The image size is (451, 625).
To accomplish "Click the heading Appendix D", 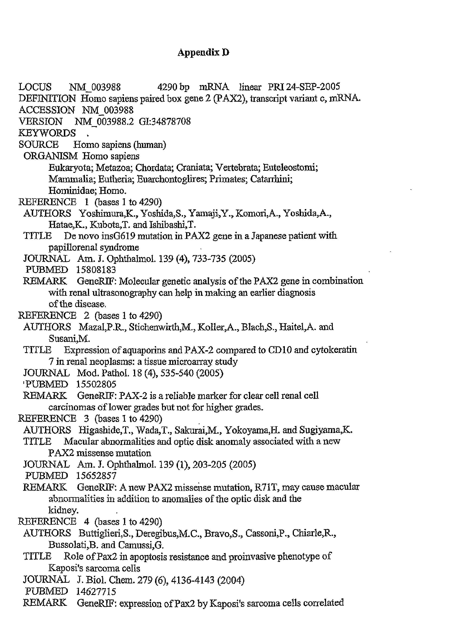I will pyautogui.click(x=203, y=52).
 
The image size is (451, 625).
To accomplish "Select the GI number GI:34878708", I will pyautogui.click(x=165, y=122).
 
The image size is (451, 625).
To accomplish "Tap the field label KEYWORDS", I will pyautogui.click(x=47, y=133).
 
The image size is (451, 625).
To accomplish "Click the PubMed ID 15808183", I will pyautogui.click(x=96, y=270).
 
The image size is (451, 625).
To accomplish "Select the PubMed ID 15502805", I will pyautogui.click(x=96, y=384).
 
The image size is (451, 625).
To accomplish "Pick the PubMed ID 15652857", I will pyautogui.click(x=96, y=476).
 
